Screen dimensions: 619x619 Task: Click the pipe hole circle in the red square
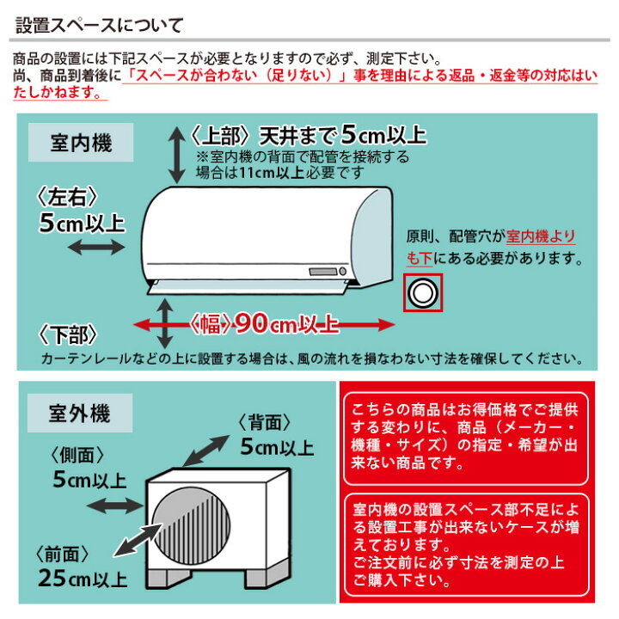pos(422,293)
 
